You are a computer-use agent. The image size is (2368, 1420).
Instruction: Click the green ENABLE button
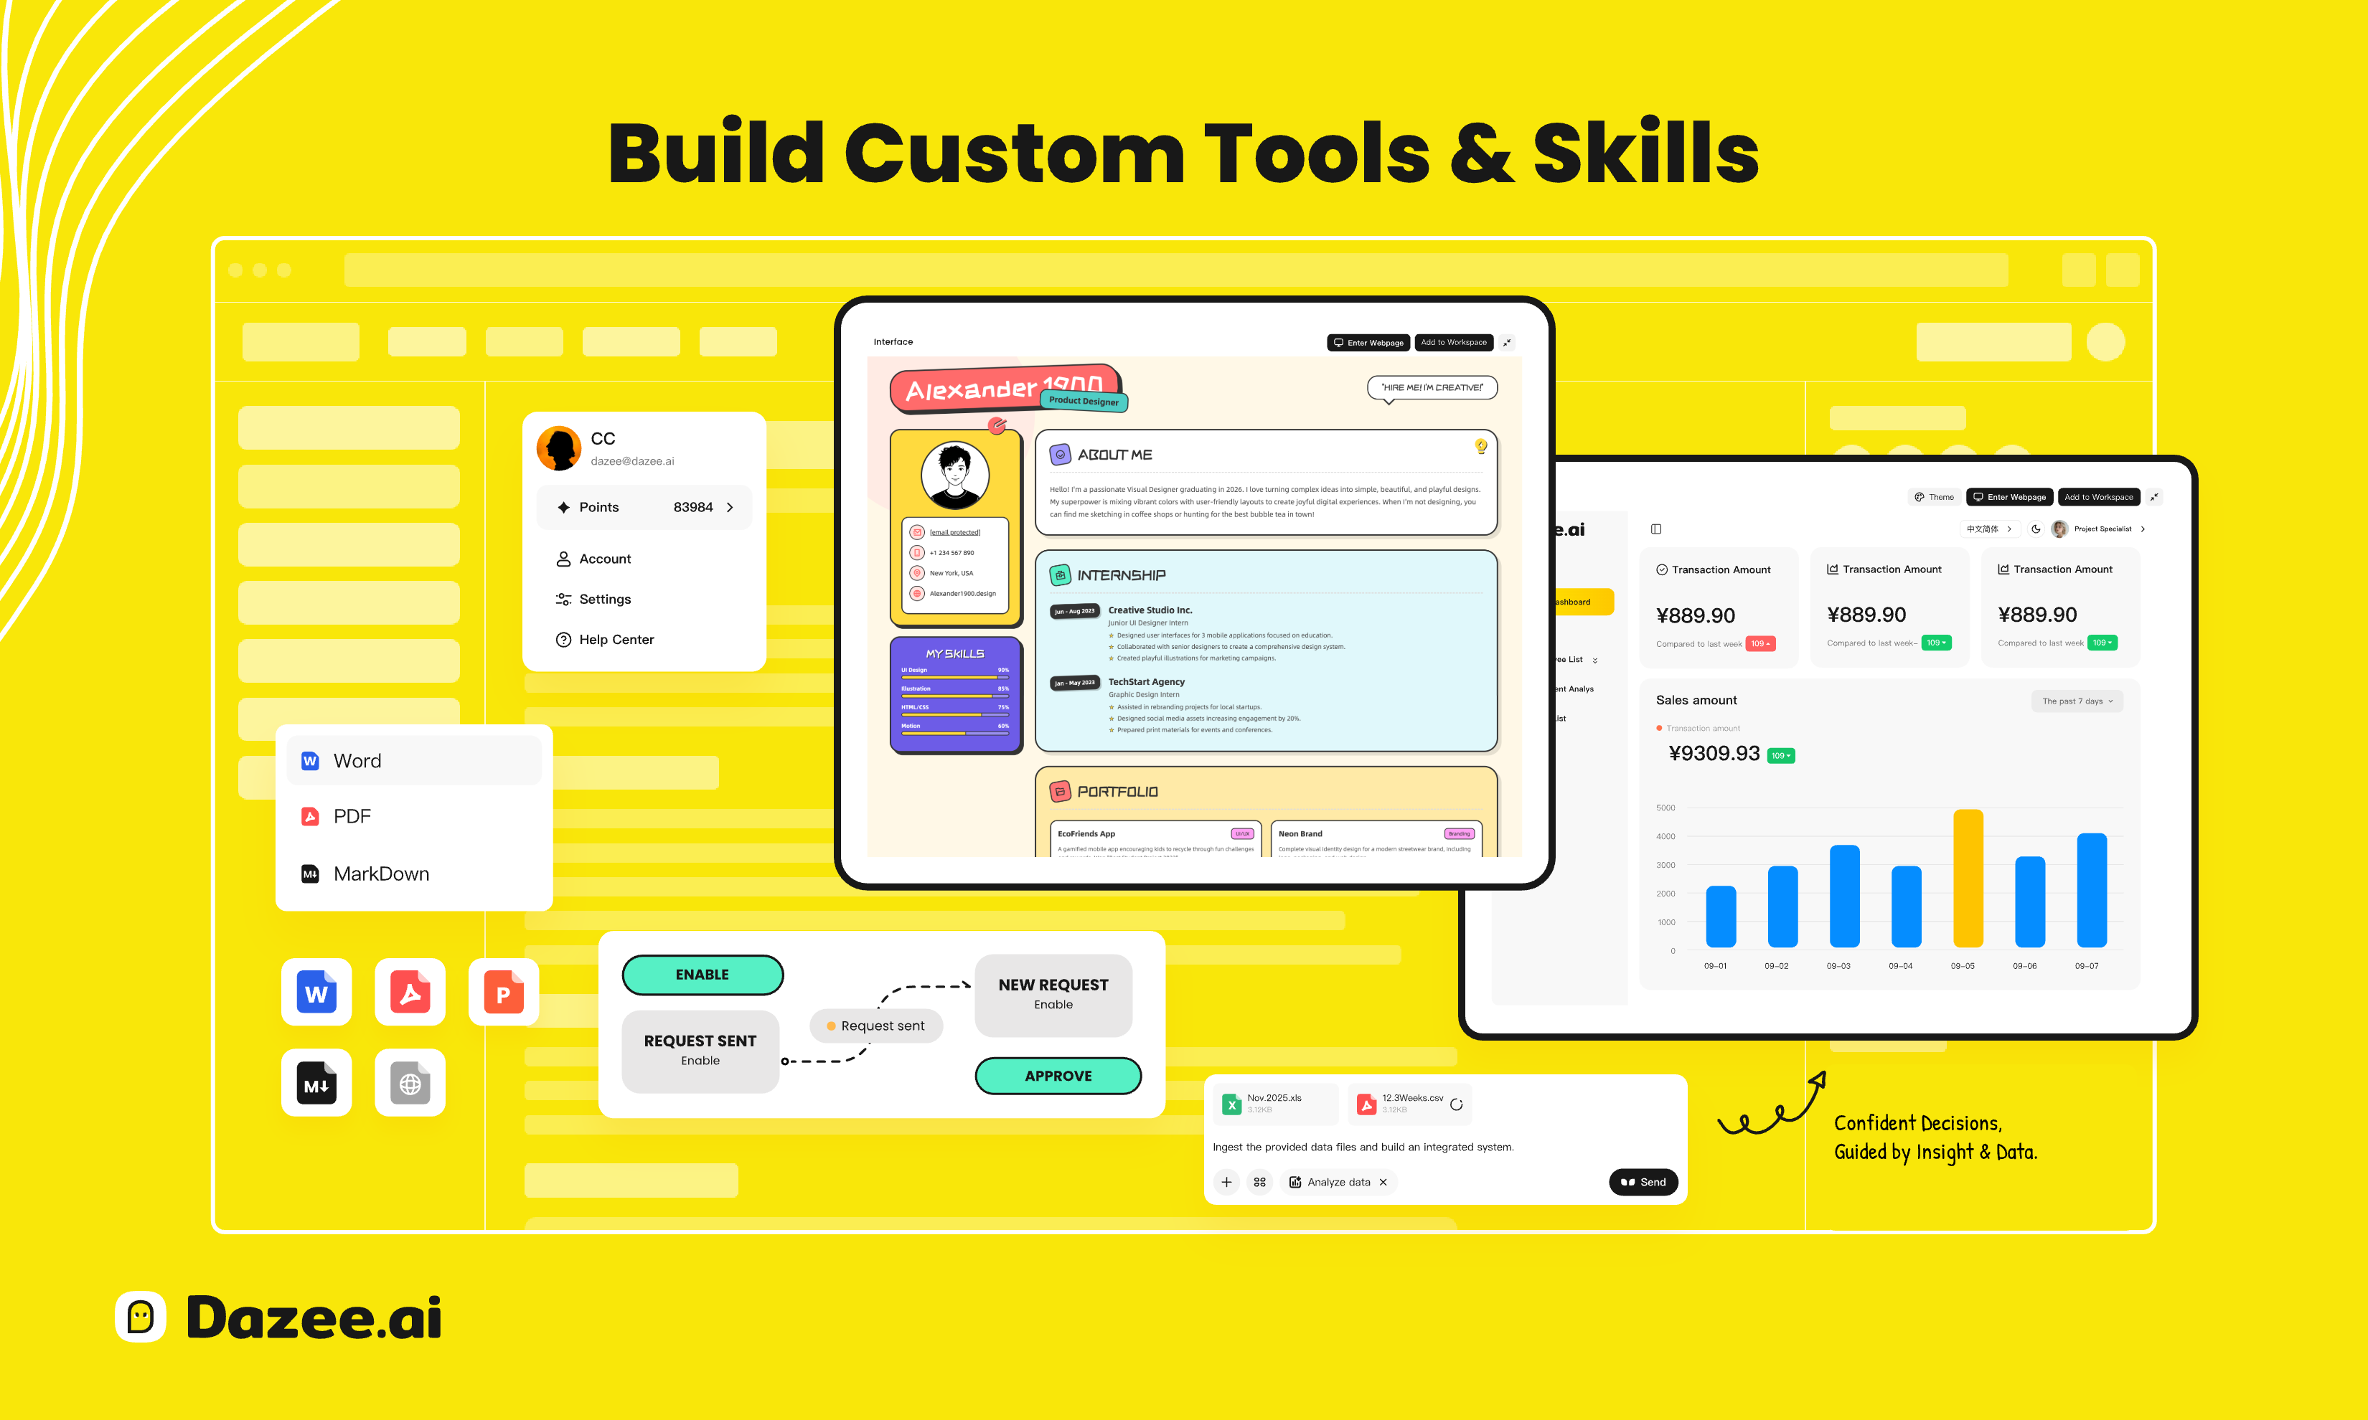(x=703, y=974)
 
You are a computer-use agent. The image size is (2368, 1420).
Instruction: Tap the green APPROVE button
(x=1058, y=1076)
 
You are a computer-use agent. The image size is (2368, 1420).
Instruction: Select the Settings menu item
(x=605, y=599)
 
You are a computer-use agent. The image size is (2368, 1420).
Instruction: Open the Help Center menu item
(x=616, y=639)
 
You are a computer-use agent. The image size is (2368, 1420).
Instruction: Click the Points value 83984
(x=693, y=507)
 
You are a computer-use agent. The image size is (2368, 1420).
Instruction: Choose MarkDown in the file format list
(x=381, y=874)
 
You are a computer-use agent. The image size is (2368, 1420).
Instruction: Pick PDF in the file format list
(x=352, y=816)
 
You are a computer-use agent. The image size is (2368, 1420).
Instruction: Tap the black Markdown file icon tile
(x=316, y=1083)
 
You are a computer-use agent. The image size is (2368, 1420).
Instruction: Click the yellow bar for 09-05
(x=1968, y=879)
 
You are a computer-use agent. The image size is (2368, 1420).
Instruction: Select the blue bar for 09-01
(x=1720, y=917)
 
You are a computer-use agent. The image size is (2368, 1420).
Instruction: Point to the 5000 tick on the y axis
(x=1665, y=808)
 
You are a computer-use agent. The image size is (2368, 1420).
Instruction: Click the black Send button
(x=1643, y=1182)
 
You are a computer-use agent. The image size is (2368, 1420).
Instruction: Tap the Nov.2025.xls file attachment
(x=1274, y=1103)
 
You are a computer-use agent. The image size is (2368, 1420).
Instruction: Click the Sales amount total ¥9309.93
(x=1714, y=754)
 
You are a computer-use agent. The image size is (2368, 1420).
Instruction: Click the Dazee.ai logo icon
(x=141, y=1317)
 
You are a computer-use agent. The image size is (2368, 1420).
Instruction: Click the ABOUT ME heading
(x=1114, y=455)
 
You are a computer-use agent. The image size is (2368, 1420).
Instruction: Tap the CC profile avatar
(x=559, y=448)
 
